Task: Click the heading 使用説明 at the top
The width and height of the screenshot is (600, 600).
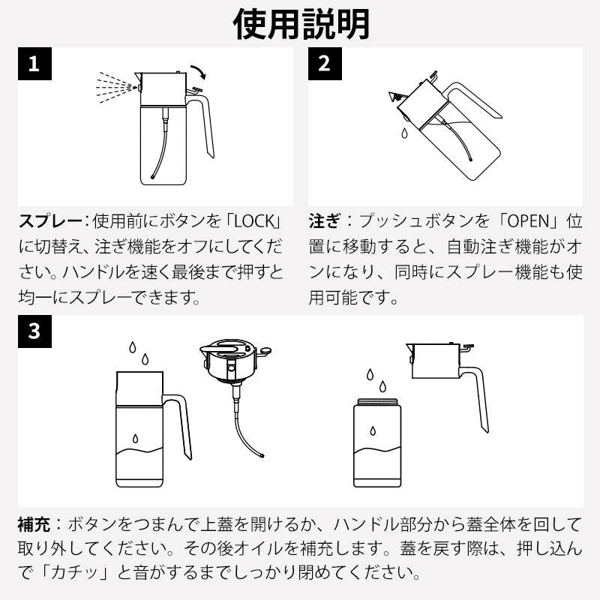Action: coord(300,24)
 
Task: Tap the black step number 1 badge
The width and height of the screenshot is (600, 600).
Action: coord(34,64)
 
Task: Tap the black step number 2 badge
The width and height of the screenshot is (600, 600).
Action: coord(325,64)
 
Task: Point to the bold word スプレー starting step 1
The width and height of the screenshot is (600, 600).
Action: coord(49,222)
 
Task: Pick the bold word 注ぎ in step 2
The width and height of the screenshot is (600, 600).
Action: coord(325,222)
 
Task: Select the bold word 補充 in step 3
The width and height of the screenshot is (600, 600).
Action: coord(34,523)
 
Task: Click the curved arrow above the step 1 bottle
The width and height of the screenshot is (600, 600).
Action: coord(199,73)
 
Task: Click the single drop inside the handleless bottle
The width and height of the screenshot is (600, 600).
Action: coord(374,433)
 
